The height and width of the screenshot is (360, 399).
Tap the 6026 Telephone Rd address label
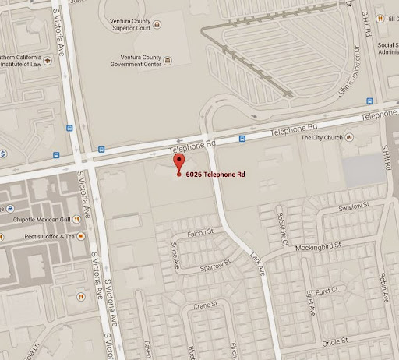pyautogui.click(x=216, y=174)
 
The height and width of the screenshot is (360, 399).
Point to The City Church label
pyautogui.click(x=322, y=138)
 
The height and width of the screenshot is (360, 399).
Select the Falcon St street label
pyautogui.click(x=200, y=233)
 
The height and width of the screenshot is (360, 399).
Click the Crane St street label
pyautogui.click(x=206, y=306)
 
